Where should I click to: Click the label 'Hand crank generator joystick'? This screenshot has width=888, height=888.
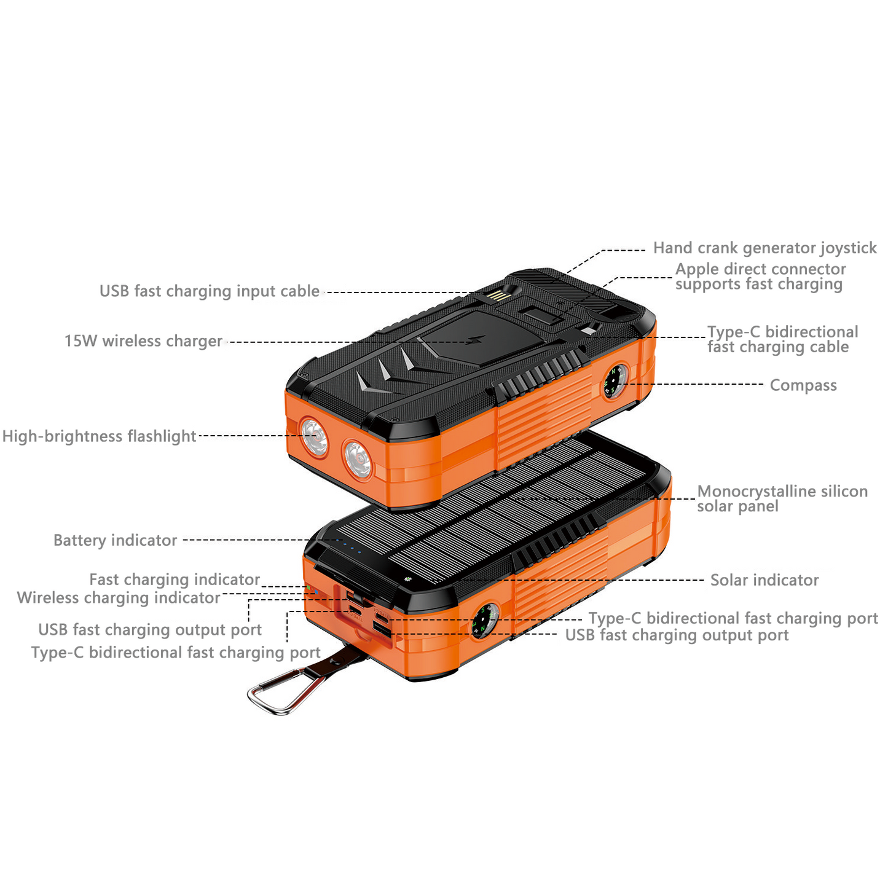[764, 248]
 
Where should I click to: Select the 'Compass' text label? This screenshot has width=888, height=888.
[803, 385]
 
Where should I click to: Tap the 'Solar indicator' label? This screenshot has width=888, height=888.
[764, 580]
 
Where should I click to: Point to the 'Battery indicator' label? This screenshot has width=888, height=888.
[115, 540]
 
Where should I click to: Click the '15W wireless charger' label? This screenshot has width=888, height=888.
[143, 341]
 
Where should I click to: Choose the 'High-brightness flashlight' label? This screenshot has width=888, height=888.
[99, 436]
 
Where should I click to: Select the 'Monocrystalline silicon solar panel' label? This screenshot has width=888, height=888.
[782, 498]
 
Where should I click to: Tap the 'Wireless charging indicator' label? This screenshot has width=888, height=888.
[118, 598]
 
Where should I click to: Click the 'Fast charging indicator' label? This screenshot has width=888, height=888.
[175, 580]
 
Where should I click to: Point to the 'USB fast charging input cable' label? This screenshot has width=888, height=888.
[210, 291]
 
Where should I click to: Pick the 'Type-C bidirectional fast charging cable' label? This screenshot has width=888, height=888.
[782, 339]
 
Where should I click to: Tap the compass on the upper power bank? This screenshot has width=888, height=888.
[615, 382]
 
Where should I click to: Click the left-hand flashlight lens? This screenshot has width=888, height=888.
[315, 436]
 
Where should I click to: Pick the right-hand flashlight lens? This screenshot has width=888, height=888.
[358, 458]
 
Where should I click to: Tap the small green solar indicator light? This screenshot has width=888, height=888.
[406, 578]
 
